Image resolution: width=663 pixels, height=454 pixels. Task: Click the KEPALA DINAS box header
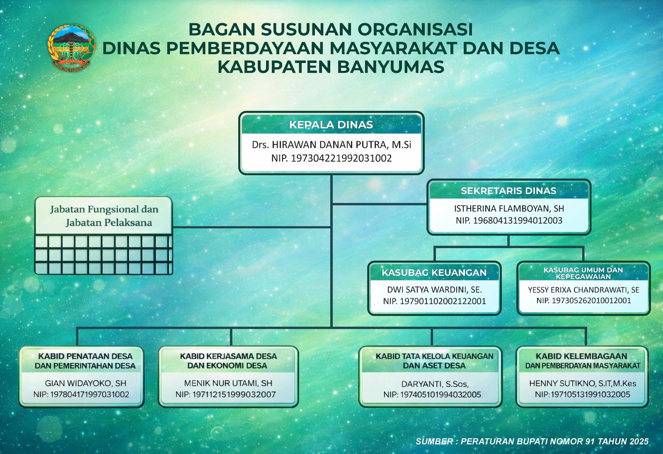[x=331, y=125]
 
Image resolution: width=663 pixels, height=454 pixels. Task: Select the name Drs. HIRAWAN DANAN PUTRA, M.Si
[x=331, y=145]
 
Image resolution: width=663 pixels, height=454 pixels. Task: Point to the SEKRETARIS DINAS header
[x=508, y=191]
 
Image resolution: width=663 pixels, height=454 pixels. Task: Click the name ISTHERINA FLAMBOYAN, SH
[x=509, y=209]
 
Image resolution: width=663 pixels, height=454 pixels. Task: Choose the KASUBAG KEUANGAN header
[x=434, y=273]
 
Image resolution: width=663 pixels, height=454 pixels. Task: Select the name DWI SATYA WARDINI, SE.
[x=434, y=290]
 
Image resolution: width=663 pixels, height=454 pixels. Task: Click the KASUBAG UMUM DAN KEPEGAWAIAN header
[x=583, y=273]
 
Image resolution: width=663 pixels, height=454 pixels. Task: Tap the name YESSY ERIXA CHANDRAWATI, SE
[x=583, y=290]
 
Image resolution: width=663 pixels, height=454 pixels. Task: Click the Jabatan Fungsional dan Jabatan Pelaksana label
[x=104, y=216]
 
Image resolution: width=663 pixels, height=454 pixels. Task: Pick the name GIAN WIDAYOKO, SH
[x=85, y=383]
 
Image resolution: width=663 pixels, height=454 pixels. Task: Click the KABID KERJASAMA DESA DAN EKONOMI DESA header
[x=228, y=361]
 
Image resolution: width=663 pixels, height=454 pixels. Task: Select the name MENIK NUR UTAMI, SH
[x=228, y=383]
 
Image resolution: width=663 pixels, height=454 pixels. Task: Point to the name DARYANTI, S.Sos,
[x=435, y=384]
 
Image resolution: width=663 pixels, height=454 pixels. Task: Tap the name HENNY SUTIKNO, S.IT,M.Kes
[x=583, y=384]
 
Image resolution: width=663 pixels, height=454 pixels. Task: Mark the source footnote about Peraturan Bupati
[x=532, y=441]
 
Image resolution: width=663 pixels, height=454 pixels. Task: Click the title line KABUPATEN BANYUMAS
[x=331, y=67]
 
